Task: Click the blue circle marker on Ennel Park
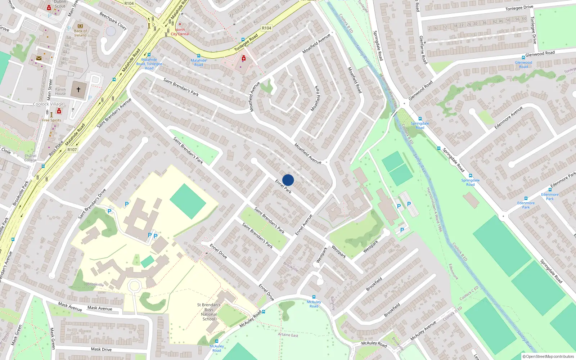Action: pos(288,180)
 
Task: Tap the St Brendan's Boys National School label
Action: pos(209,312)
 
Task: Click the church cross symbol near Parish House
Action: pos(78,89)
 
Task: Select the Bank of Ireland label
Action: pos(80,33)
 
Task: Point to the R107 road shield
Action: pos(72,150)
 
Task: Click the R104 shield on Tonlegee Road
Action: pos(266,28)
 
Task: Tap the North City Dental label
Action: pos(180,32)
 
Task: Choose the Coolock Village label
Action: pos(48,104)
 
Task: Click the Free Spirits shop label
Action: pos(51,120)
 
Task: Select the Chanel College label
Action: pos(31,158)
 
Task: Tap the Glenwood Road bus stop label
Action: pos(523,64)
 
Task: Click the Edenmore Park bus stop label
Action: pos(550,197)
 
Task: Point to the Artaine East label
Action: pos(288,335)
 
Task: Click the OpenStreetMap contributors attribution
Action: pos(548,356)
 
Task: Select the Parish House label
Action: pos(60,91)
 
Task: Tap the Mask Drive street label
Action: pos(101,349)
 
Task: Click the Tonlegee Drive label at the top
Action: pos(519,8)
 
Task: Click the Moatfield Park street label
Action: pos(315,98)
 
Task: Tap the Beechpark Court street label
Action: pos(113,21)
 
